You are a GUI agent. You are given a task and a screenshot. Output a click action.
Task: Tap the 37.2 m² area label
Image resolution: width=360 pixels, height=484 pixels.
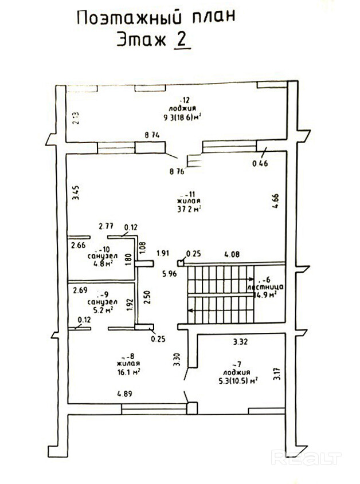[x=189, y=209]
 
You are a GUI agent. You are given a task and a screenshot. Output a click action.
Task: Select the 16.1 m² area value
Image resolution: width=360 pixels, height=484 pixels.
[x=128, y=371]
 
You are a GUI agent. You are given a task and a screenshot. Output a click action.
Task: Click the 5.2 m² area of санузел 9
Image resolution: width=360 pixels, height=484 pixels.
[x=99, y=309]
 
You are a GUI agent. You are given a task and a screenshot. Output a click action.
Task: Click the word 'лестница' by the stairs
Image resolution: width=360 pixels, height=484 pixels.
[x=263, y=286]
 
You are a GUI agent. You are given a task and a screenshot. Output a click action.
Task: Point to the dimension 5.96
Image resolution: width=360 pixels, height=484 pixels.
[x=168, y=273]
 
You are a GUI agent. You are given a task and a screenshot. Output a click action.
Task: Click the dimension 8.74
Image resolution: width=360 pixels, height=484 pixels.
[x=152, y=135]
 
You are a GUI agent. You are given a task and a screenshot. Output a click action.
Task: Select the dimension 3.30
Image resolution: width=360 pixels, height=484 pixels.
[x=177, y=359]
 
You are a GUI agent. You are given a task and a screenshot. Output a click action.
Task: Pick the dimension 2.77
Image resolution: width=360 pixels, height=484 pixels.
[x=107, y=227]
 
